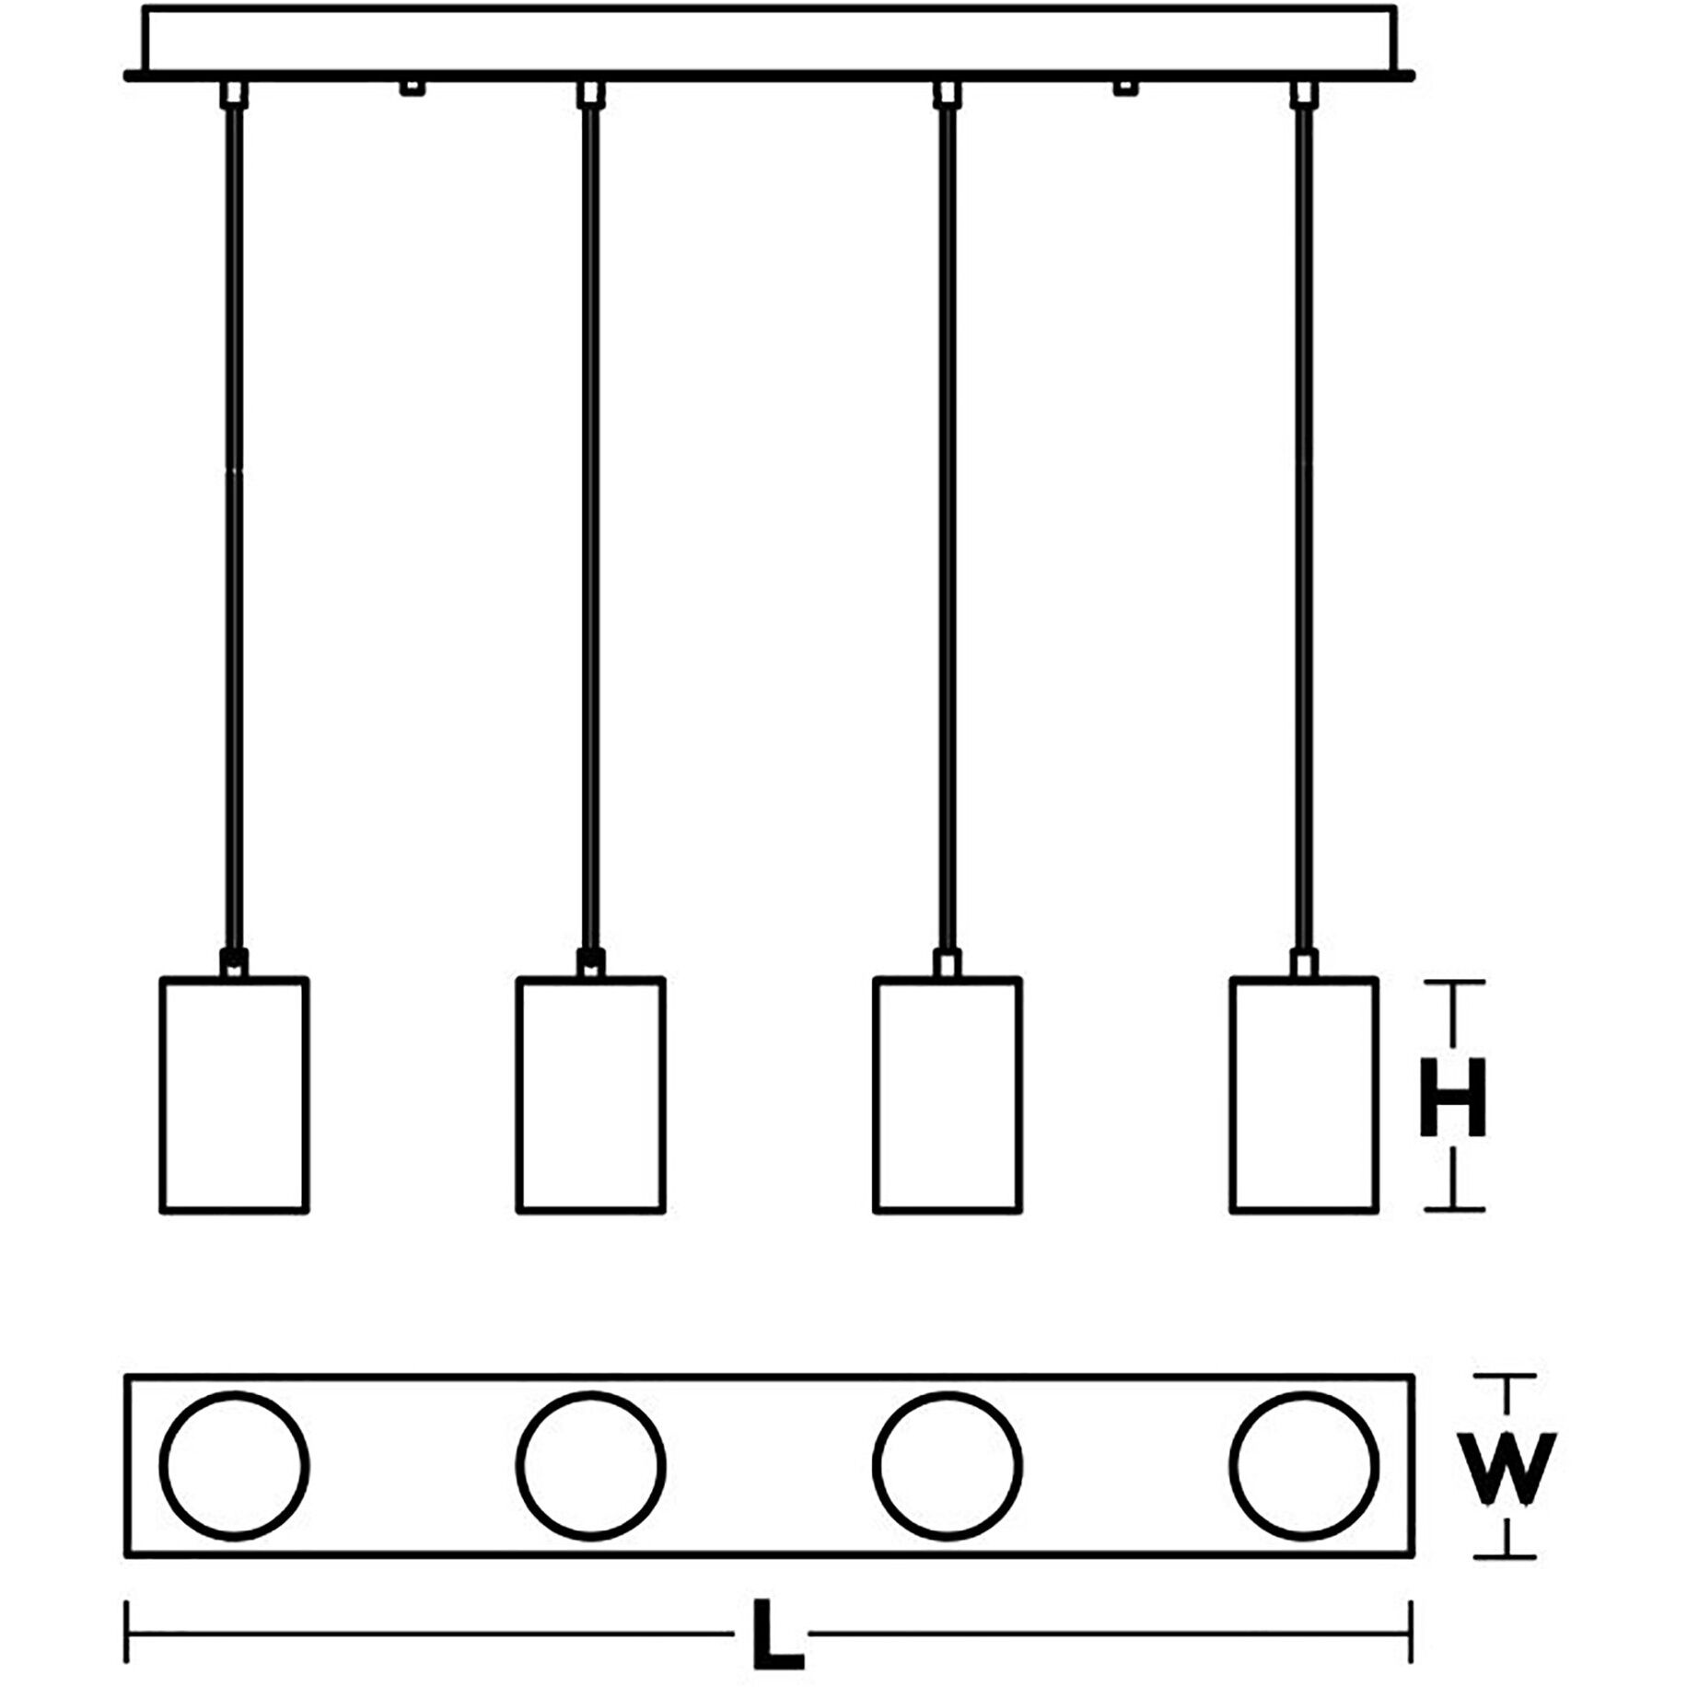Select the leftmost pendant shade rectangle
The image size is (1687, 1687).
(x=235, y=1095)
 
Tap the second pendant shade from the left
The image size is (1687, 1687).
(x=591, y=1095)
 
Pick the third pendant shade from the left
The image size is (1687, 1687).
(x=948, y=1095)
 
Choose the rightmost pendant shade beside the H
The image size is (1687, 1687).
(x=1304, y=1095)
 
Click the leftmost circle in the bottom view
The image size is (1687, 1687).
(x=235, y=1466)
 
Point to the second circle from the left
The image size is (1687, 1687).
(x=591, y=1466)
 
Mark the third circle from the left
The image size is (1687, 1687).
(x=948, y=1466)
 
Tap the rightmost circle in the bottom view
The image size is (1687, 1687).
(x=1304, y=1466)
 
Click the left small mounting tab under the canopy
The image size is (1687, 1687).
(x=412, y=87)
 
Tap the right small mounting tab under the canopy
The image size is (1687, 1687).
(x=1124, y=87)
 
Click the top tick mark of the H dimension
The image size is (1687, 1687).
(x=1454, y=983)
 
